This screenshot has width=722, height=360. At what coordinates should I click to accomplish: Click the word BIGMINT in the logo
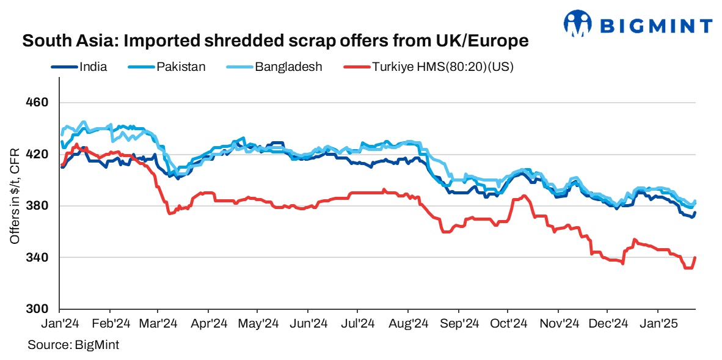[656, 26]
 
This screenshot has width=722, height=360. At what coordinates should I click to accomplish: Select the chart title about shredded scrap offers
[275, 42]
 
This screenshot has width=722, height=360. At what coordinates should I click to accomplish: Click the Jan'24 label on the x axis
[60, 323]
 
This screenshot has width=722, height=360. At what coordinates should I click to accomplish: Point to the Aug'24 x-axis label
[408, 323]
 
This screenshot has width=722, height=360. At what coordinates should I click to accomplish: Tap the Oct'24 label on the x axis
[509, 323]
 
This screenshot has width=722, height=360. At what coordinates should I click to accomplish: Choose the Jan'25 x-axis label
[658, 323]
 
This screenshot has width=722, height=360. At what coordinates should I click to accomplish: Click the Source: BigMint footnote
[73, 345]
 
